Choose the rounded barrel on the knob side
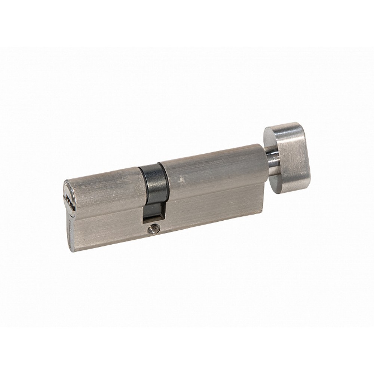click(x=209, y=168)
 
